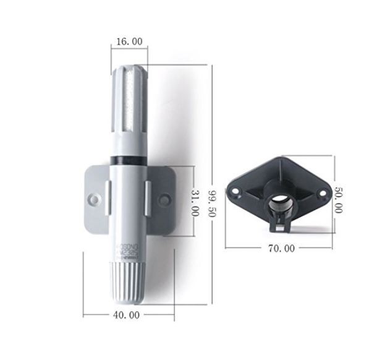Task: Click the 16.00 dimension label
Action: tap(129, 41)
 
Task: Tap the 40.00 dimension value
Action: tap(127, 314)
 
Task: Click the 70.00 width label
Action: tap(281, 248)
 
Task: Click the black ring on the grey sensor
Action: tap(127, 160)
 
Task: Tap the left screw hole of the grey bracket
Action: tap(93, 199)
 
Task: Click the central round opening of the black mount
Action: tap(281, 202)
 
